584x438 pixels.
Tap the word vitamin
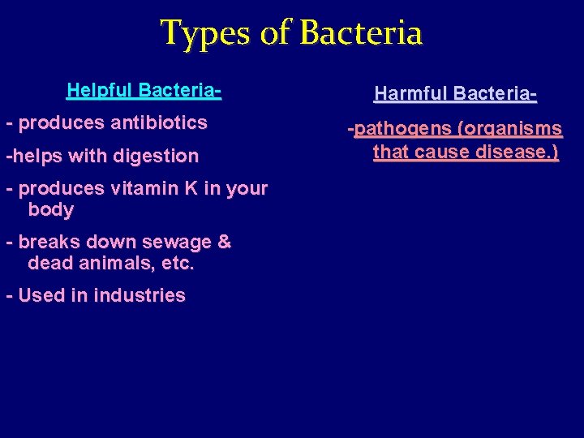pos(139,188)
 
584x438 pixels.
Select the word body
pos(50,210)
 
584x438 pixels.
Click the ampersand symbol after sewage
pos(224,243)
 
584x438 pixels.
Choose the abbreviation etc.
pos(178,264)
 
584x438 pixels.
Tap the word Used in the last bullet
pos(37,296)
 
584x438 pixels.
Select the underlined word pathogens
pos(394,129)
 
